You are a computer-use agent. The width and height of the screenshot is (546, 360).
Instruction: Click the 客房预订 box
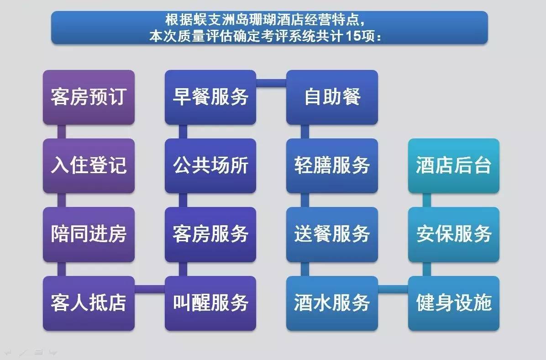point(89,97)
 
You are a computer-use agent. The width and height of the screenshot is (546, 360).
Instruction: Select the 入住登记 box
point(89,166)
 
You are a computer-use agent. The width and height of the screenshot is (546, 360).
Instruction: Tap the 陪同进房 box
point(89,234)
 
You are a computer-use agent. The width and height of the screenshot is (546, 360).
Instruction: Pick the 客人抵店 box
point(89,303)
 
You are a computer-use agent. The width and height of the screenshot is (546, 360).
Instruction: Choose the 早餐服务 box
point(210,97)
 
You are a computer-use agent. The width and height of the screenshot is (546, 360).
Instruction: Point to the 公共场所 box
point(210,166)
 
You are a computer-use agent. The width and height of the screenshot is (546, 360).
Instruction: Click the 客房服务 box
point(210,234)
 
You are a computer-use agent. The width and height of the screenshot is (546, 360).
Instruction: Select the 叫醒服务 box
point(210,303)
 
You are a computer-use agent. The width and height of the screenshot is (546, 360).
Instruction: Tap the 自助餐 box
point(332,97)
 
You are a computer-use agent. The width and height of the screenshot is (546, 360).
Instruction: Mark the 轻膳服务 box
point(332,166)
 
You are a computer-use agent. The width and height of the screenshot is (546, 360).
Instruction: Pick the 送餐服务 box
point(332,234)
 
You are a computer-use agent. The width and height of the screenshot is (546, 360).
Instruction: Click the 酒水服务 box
point(332,303)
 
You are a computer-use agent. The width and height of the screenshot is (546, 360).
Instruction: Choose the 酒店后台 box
point(454,166)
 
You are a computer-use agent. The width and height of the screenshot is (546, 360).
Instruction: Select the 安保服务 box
point(454,234)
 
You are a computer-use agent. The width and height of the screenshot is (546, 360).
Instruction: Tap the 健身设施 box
point(454,303)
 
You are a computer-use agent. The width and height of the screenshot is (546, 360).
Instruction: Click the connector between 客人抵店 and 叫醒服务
point(150,289)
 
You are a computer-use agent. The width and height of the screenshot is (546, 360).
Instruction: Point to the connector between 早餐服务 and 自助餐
point(271,83)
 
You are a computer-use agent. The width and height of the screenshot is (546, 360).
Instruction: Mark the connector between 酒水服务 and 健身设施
point(393,289)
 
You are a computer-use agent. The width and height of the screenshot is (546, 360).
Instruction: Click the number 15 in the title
point(353,36)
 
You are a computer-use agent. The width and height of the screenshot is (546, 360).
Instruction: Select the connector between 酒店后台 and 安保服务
point(426,201)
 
